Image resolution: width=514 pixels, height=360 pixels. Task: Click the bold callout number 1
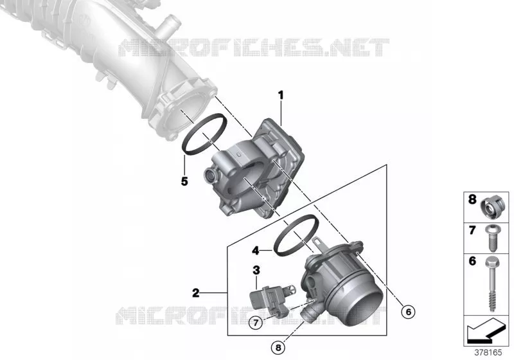(x=281, y=96)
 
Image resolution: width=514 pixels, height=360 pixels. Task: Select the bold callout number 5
(x=184, y=181)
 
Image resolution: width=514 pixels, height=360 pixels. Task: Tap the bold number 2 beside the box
(x=196, y=292)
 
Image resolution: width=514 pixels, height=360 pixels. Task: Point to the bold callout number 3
(x=256, y=271)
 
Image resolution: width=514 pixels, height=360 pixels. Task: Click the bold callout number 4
(x=256, y=251)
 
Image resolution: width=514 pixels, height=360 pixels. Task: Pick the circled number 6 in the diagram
(x=408, y=312)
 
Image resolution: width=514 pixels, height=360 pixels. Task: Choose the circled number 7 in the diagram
(x=256, y=323)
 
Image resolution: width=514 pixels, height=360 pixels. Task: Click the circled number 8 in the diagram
(x=278, y=347)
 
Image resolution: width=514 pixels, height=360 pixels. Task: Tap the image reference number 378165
(x=488, y=353)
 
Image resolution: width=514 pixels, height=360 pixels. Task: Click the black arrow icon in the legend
(x=486, y=330)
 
